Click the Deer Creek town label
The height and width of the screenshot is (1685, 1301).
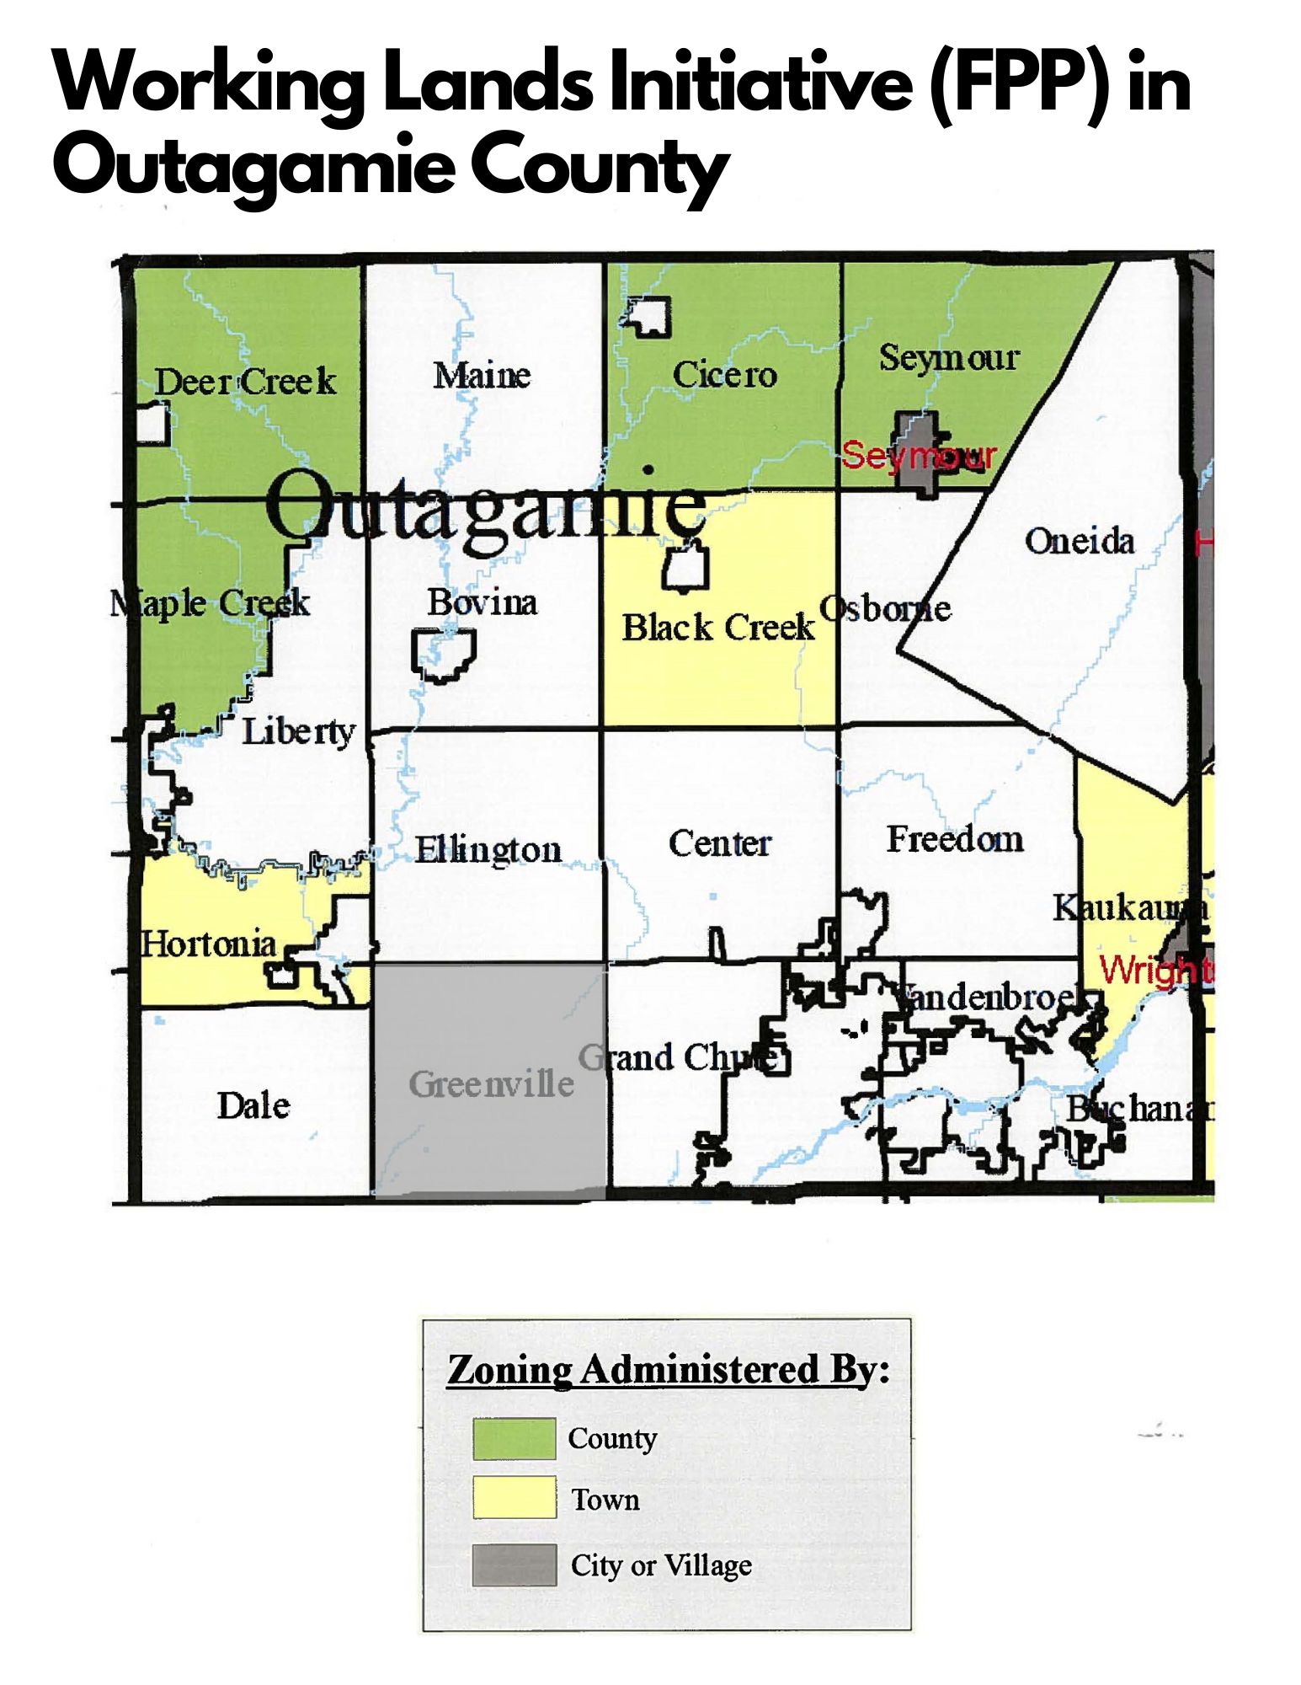[245, 382]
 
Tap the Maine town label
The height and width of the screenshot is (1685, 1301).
[482, 375]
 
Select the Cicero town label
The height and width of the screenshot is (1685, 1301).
[724, 374]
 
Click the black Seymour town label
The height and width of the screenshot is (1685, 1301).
[949, 358]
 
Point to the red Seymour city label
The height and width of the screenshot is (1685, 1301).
[919, 456]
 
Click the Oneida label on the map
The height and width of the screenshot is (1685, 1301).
[1080, 541]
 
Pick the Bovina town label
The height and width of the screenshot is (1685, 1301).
[482, 602]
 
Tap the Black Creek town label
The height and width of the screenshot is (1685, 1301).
[718, 628]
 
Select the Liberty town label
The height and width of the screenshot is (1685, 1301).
[299, 731]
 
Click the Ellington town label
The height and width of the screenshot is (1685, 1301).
[488, 849]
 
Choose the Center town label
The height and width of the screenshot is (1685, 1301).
[720, 843]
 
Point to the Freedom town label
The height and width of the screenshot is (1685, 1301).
[955, 839]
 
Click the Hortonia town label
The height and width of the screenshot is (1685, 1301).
[208, 944]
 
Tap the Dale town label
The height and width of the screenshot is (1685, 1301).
[253, 1105]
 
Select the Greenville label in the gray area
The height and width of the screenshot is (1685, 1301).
[491, 1084]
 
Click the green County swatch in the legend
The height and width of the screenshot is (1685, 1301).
[514, 1439]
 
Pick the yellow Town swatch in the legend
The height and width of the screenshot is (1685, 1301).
[514, 1497]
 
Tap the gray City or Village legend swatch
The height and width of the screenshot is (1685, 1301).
[514, 1565]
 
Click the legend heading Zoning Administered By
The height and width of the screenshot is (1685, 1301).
[668, 1370]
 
